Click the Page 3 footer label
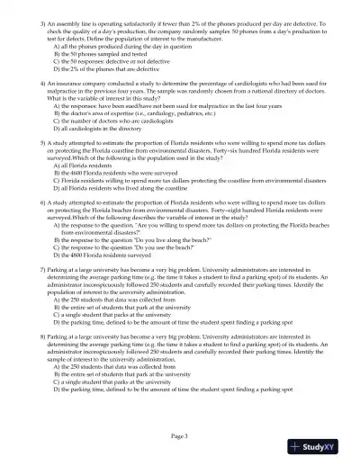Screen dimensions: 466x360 click(x=180, y=435)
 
